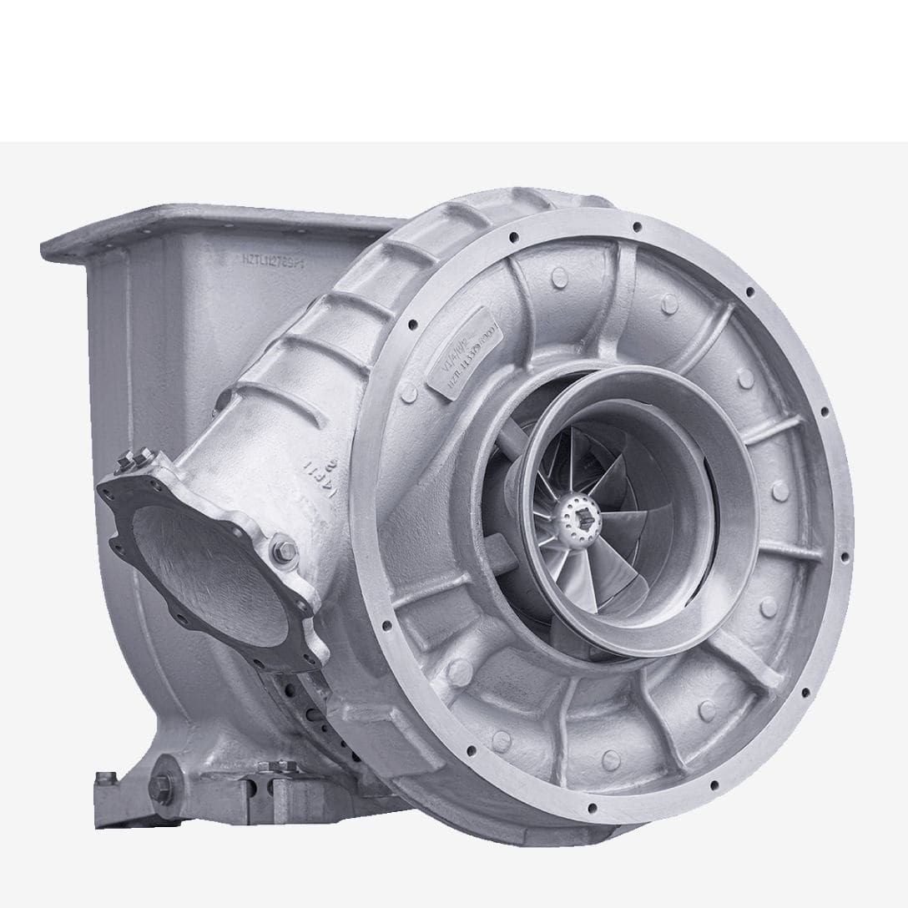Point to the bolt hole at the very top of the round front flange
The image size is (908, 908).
click(x=637, y=226)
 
